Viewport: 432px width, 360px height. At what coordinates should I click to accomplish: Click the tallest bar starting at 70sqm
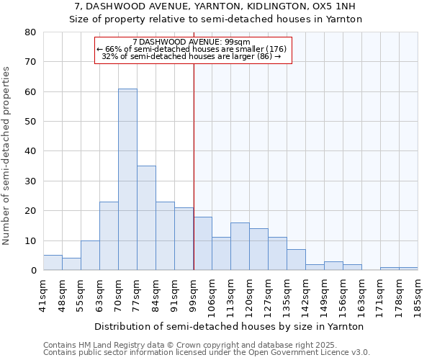127,179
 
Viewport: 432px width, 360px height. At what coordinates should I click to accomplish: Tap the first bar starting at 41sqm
53,263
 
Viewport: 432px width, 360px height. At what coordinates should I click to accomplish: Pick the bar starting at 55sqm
90,256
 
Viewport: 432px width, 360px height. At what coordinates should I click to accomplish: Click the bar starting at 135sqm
296,260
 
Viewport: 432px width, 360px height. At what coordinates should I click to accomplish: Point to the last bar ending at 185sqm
408,269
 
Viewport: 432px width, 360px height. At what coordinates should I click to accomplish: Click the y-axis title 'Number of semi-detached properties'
6,156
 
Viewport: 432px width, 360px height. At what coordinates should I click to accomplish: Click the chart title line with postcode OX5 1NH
215,6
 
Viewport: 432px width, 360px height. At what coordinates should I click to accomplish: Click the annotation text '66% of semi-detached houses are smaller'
192,49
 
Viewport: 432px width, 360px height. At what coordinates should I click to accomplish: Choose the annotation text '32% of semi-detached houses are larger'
192,56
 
